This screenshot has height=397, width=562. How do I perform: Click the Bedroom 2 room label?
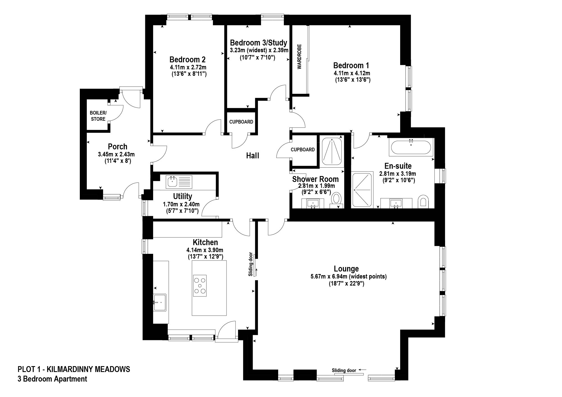187,60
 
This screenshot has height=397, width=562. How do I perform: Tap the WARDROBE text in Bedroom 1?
299,56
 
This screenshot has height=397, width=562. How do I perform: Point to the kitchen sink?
160,302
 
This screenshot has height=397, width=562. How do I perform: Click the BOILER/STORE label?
98,116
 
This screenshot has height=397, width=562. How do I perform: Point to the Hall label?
252,156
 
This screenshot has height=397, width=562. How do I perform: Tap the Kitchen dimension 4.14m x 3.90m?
205,250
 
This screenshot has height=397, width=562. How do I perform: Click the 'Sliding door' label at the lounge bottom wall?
344,370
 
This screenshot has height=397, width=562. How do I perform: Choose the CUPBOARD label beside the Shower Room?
303,150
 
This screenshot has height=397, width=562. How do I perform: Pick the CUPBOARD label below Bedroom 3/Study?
241,122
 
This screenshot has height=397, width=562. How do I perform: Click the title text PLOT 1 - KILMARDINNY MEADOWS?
74,369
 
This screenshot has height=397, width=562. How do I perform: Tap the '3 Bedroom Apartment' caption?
52,379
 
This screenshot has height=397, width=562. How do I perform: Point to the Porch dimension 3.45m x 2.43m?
116,154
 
